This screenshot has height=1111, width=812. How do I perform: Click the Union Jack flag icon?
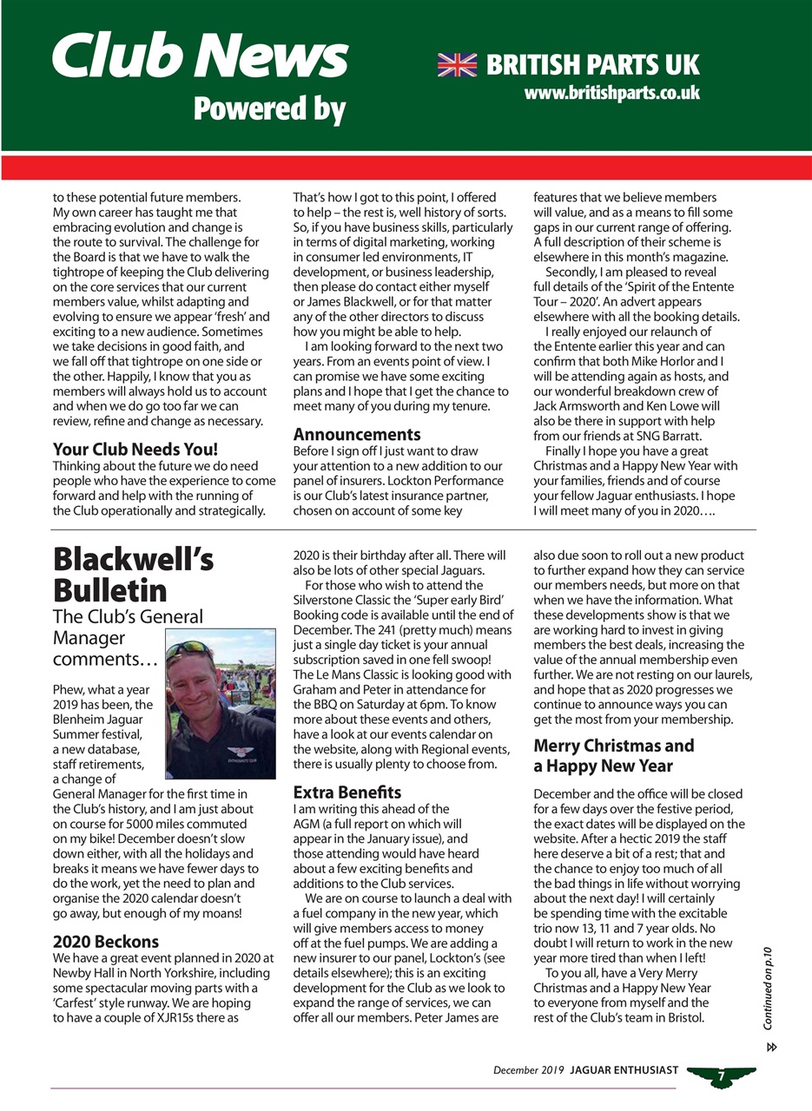457,64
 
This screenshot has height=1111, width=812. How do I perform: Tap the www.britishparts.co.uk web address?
611,91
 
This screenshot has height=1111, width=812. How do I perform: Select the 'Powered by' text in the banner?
268,109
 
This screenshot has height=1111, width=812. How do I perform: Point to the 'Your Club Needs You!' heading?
135,450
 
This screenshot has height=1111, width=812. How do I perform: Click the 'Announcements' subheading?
356,433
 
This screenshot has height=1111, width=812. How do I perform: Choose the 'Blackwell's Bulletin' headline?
133,575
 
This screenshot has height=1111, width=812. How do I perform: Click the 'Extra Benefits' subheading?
347,792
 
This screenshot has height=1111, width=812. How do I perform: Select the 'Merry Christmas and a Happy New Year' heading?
613,756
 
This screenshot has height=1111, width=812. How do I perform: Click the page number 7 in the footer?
721,1076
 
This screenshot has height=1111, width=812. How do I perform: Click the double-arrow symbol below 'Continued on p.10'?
770,1047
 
